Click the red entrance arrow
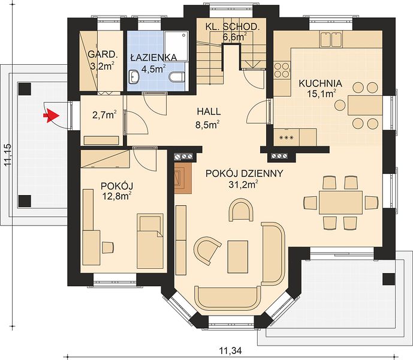[51, 116]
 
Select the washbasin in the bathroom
[134, 77]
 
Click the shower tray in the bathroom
[176, 46]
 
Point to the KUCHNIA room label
[320, 83]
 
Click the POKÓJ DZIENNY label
[244, 173]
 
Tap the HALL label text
[209, 112]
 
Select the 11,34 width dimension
[230, 351]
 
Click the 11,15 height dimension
[8, 155]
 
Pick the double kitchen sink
[331, 39]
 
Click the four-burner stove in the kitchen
[282, 70]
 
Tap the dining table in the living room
[340, 203]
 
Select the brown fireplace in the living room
[183, 177]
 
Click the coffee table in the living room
[238, 257]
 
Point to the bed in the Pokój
[150, 241]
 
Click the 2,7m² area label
[104, 115]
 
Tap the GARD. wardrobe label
[103, 55]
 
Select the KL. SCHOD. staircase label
[231, 26]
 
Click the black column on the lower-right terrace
[389, 279]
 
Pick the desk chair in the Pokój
[108, 247]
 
